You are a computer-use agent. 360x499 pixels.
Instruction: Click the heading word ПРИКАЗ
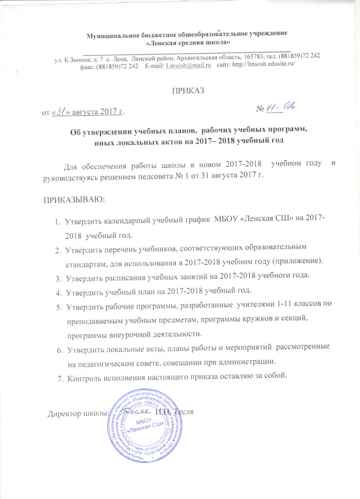tap(187, 91)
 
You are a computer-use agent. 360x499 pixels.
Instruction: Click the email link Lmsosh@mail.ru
tap(188, 65)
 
